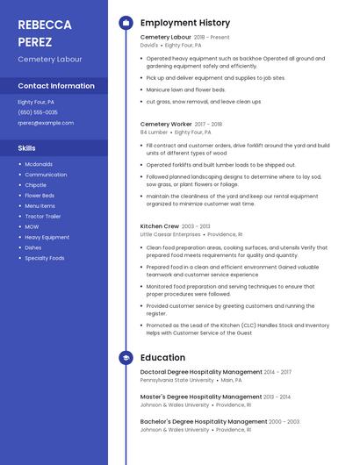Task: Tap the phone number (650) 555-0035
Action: pyautogui.click(x=38, y=112)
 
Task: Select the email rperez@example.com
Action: pyautogui.click(x=46, y=123)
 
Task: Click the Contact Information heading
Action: pyautogui.click(x=56, y=86)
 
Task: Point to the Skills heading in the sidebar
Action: pyautogui.click(x=27, y=148)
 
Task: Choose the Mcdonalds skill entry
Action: pyautogui.click(x=39, y=164)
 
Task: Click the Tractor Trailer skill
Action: pyautogui.click(x=43, y=216)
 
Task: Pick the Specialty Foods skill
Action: pyautogui.click(x=45, y=258)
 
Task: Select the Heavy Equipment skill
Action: pyautogui.click(x=47, y=237)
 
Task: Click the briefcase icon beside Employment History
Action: pyautogui.click(x=126, y=23)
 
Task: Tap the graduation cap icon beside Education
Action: pyautogui.click(x=126, y=358)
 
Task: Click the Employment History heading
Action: pyautogui.click(x=185, y=23)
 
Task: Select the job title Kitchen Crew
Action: pyautogui.click(x=160, y=226)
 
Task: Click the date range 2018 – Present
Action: pyautogui.click(x=212, y=38)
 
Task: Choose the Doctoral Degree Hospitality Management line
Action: pyautogui.click(x=201, y=372)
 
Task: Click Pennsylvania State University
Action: pyautogui.click(x=176, y=381)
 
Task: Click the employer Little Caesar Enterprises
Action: pyautogui.click(x=170, y=235)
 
